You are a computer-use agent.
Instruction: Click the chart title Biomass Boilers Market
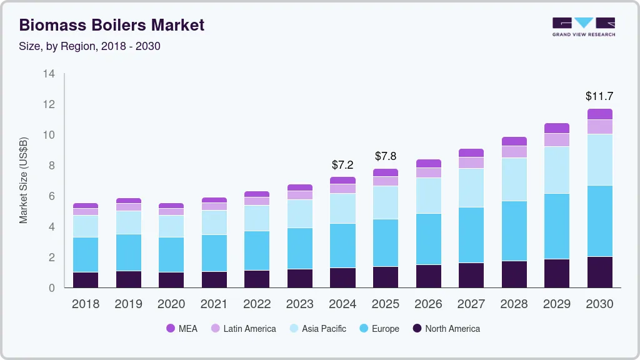[x=111, y=25]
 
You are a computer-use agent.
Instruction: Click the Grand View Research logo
[x=583, y=26]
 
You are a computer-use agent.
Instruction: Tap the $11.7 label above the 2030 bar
[x=599, y=96]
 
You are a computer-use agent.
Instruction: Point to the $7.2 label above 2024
[x=342, y=165]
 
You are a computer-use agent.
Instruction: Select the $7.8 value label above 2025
[x=386, y=156]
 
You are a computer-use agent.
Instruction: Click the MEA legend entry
[x=182, y=329]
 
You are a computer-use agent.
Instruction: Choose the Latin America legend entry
[x=243, y=329]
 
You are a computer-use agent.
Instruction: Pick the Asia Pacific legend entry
[x=317, y=329]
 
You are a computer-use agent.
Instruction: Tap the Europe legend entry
[x=378, y=329]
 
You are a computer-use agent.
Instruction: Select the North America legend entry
[x=446, y=329]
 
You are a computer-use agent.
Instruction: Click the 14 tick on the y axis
[x=49, y=74]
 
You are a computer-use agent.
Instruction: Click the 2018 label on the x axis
[x=85, y=304]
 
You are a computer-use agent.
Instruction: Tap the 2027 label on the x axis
[x=471, y=304]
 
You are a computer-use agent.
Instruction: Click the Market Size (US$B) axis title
[x=24, y=181]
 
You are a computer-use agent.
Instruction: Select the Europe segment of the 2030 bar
[x=599, y=221]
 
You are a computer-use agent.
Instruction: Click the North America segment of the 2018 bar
[x=85, y=279]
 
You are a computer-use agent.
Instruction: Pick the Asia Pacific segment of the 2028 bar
[x=514, y=179]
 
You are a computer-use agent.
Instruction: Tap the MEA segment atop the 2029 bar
[x=556, y=128]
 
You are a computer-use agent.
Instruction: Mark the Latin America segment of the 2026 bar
[x=428, y=172]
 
